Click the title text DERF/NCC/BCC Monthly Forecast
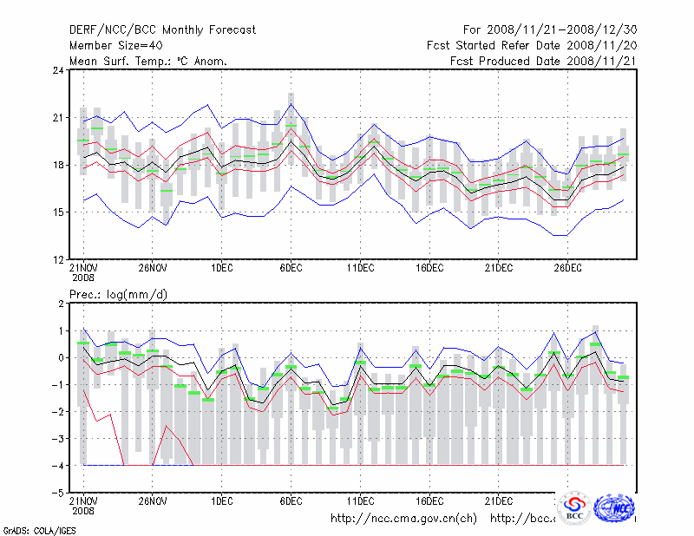pyautogui.click(x=162, y=29)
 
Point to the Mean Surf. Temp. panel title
pyautogui.click(x=147, y=61)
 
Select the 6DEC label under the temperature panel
pyautogui.click(x=291, y=268)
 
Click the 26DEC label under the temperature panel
pyautogui.click(x=568, y=268)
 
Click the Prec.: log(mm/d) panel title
pyautogui.click(x=118, y=295)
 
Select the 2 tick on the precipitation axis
pyautogui.click(x=59, y=304)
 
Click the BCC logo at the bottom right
pyautogui.click(x=574, y=510)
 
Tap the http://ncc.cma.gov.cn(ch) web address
pyautogui.click(x=403, y=519)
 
